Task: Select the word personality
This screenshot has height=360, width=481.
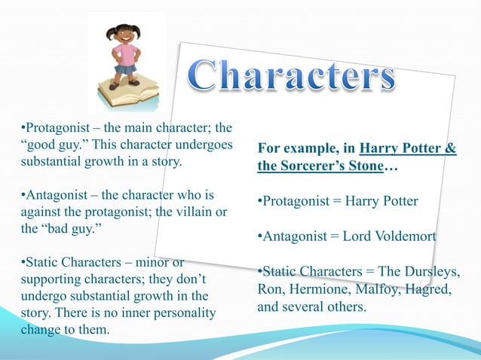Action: (176, 312)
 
